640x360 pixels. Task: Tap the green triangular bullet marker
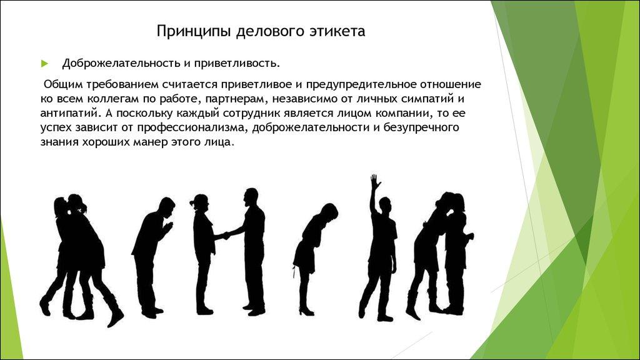point(44,64)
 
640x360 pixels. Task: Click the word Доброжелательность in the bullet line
point(117,63)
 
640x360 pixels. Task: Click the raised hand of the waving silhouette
point(374,182)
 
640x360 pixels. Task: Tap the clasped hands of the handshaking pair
point(225,236)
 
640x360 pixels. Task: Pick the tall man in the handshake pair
point(251,250)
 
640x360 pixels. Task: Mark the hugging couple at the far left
point(78,256)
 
